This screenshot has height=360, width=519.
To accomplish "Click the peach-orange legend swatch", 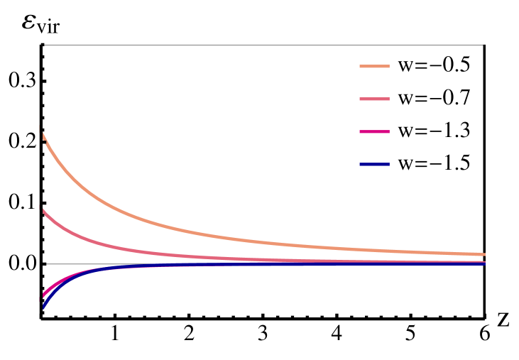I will click(x=374, y=67).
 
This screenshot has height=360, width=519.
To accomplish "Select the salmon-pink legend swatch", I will click(x=374, y=99).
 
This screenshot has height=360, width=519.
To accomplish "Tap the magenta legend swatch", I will click(x=374, y=132).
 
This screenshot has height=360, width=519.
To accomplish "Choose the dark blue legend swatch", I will click(x=374, y=165).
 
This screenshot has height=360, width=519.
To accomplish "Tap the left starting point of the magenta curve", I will click(x=43, y=297).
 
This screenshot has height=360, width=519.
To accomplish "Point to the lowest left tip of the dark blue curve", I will click(x=43, y=307).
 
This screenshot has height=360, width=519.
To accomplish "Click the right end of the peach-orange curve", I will click(x=485, y=254).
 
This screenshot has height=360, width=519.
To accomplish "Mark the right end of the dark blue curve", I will click(x=485, y=263).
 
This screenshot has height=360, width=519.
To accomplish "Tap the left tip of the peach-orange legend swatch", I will click(x=361, y=67).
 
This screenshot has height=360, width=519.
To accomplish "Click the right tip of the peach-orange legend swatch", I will click(x=389, y=67).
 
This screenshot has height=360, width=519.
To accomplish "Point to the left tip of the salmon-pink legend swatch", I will click(x=361, y=99).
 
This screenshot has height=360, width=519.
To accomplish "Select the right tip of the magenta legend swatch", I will click(x=389, y=132).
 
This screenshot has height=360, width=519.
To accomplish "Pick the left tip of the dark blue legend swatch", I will click(x=361, y=165).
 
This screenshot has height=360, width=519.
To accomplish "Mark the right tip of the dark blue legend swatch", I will click(x=389, y=165).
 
